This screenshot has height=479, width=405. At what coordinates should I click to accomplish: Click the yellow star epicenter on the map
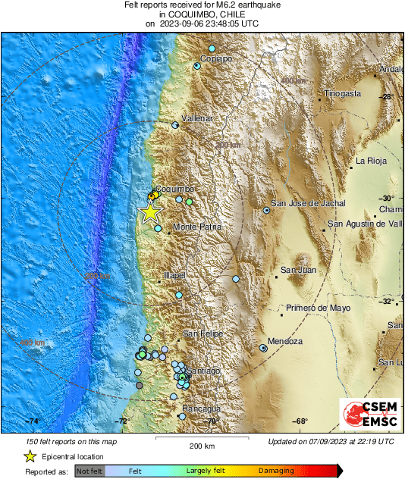[x=150, y=212]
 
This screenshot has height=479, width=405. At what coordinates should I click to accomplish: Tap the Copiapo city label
[x=216, y=58]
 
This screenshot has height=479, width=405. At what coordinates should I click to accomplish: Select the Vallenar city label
[x=196, y=119]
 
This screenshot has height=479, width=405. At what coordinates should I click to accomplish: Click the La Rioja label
[x=372, y=161]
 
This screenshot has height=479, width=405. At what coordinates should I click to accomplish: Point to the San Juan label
[x=298, y=270]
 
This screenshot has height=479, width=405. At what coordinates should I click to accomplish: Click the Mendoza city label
[x=286, y=342]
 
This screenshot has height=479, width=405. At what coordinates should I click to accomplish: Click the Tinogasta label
[x=342, y=93]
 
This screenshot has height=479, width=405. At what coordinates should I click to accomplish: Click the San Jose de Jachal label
[x=309, y=203]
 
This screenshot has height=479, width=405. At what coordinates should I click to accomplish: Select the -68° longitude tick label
[x=300, y=421]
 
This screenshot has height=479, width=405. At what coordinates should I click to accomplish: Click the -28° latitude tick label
[x=386, y=97]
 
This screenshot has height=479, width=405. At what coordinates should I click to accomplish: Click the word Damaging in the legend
[x=276, y=471]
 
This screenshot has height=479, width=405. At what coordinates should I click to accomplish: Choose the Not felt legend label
[x=90, y=471]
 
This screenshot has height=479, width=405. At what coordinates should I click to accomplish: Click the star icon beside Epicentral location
[x=30, y=456]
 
